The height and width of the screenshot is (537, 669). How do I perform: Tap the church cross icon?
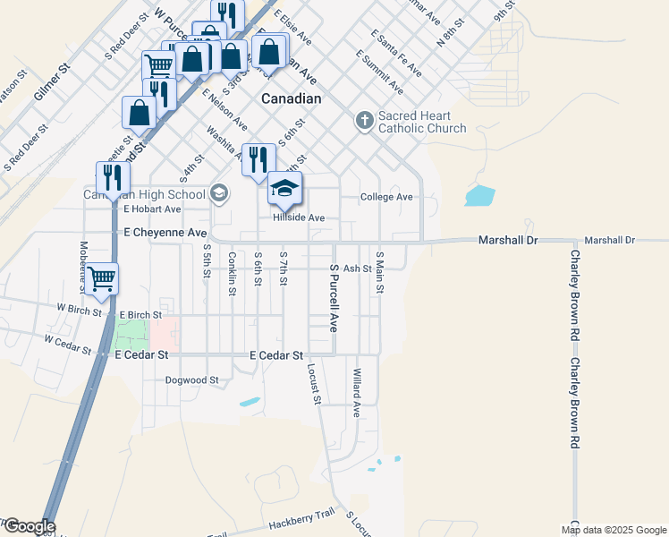click(x=364, y=120)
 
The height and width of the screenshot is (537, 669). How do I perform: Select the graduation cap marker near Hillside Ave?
click(x=285, y=189)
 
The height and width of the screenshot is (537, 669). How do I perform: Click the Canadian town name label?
click(x=291, y=98)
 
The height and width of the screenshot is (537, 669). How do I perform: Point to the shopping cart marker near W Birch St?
click(x=102, y=279)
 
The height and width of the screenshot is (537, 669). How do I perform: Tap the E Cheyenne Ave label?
click(x=165, y=233)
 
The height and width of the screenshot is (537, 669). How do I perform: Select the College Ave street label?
click(x=386, y=197)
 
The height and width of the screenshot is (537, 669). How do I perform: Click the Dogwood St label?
click(x=192, y=380)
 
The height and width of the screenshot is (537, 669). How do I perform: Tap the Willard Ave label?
click(x=356, y=393)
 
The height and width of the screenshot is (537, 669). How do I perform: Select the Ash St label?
click(x=357, y=268)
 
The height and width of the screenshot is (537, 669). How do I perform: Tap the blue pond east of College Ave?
click(x=479, y=195)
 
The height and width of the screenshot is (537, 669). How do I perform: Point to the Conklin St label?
click(x=233, y=273)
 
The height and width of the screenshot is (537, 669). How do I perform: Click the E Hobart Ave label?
click(x=152, y=209)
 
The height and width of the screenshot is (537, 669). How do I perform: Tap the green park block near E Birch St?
click(x=131, y=334)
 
